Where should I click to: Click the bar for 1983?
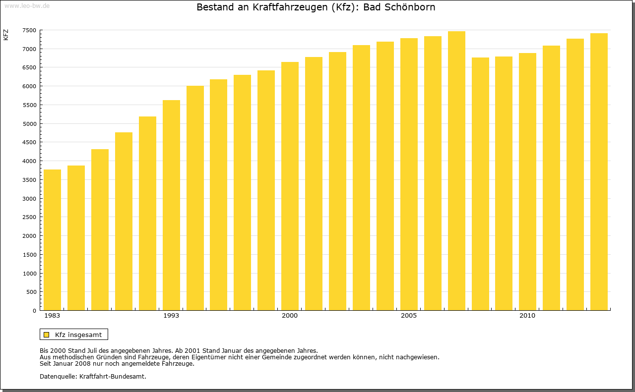point(52,240)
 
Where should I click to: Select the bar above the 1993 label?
point(171,205)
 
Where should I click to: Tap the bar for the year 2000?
point(290,186)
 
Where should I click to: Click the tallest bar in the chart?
point(456,171)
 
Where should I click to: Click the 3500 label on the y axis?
point(29,180)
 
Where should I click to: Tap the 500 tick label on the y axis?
point(31,292)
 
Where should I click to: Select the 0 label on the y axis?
point(34,311)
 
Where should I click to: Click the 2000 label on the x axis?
point(290,316)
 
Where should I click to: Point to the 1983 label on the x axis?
point(52,316)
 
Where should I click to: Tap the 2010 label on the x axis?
point(527,316)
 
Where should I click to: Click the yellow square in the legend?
point(46,335)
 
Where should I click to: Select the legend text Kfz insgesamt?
point(78,335)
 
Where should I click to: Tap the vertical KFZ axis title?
point(6,35)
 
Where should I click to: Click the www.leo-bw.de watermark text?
point(27,5)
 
